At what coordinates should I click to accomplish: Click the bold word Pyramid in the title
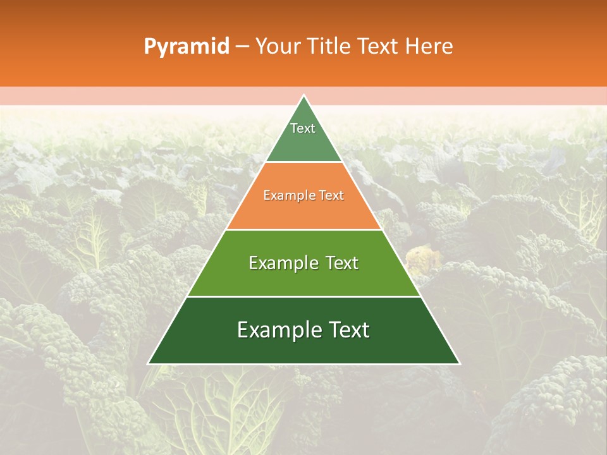pyautogui.click(x=187, y=47)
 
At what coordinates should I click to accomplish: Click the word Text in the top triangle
pyautogui.click(x=303, y=128)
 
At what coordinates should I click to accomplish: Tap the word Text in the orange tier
pyautogui.click(x=330, y=196)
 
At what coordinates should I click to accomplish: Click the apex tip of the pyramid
pyautogui.click(x=303, y=96)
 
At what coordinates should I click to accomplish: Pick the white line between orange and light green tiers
pyautogui.click(x=303, y=229)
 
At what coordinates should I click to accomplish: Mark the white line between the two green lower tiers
pyautogui.click(x=303, y=296)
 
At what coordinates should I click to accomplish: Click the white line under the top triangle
pyautogui.click(x=303, y=162)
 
